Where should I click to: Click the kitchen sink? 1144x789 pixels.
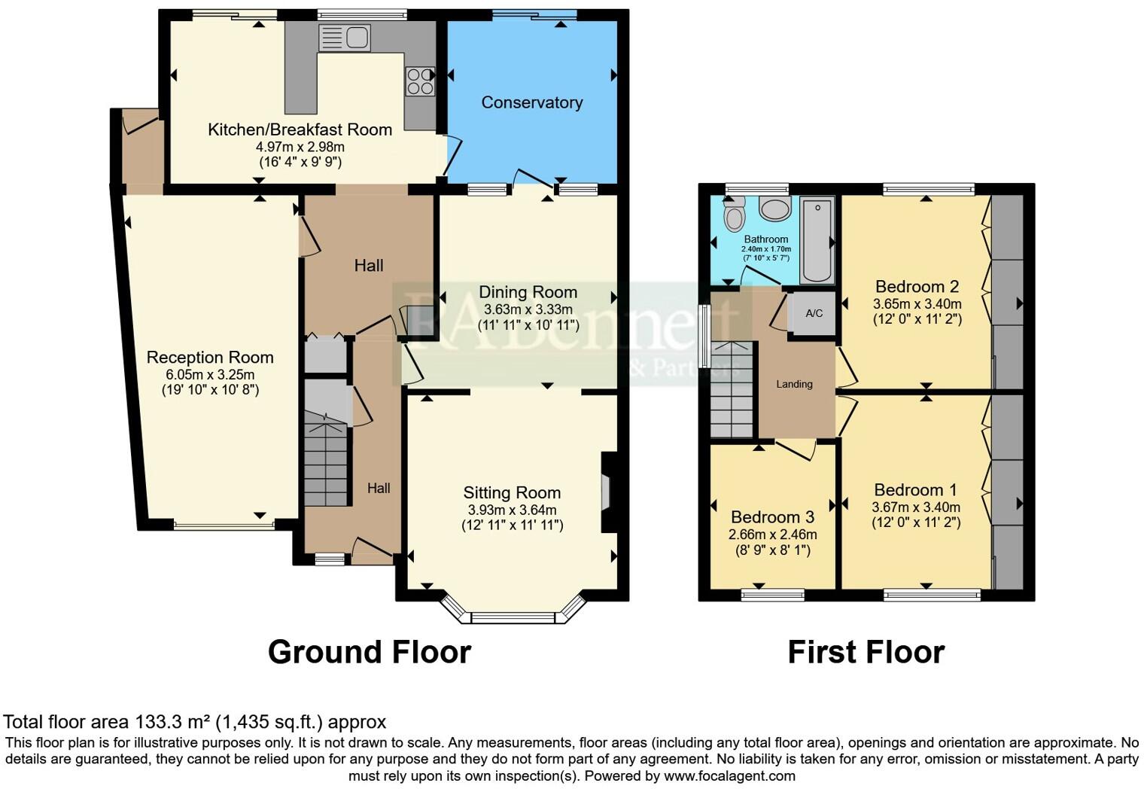tap(345, 38)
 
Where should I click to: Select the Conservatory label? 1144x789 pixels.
tap(531, 102)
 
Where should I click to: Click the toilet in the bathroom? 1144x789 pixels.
tap(733, 215)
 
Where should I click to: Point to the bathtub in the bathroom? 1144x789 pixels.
tap(815, 239)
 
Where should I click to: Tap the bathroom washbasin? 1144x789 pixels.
tap(774, 209)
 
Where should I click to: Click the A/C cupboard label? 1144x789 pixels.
tap(814, 313)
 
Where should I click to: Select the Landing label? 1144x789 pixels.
tap(794, 384)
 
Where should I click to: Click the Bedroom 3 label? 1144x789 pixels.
tap(772, 517)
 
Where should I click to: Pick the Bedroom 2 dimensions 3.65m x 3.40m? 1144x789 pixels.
tap(917, 304)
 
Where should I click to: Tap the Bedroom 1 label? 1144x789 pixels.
tap(916, 490)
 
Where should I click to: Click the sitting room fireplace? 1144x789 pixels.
tap(607, 493)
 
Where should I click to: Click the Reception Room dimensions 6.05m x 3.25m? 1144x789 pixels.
tap(210, 375)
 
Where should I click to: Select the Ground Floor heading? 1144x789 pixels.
tap(369, 652)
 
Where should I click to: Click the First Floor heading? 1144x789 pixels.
tap(866, 652)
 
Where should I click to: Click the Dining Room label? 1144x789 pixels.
tap(528, 292)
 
